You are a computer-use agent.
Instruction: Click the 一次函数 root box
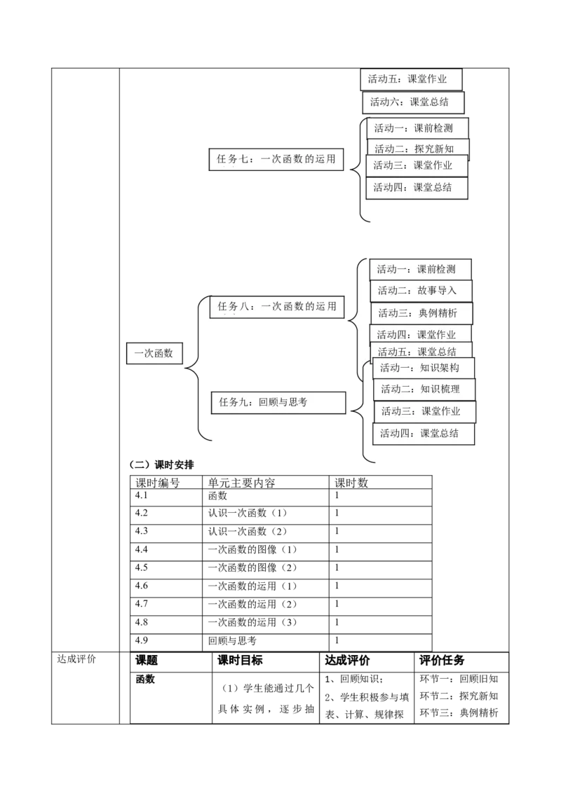tap(154, 354)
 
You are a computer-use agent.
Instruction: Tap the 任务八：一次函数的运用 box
tap(278, 306)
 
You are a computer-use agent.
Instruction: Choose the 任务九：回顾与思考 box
tap(278, 402)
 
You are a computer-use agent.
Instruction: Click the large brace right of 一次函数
tap(201, 368)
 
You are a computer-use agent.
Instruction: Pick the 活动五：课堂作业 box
tap(412, 79)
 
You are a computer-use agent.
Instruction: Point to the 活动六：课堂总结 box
tap(413, 102)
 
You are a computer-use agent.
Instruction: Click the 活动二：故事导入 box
tap(421, 290)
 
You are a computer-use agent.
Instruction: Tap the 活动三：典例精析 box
tap(421, 313)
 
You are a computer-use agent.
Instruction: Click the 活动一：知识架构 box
tap(424, 368)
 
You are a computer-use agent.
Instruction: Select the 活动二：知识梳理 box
tap(424, 389)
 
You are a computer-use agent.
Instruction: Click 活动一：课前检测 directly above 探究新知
tap(417, 128)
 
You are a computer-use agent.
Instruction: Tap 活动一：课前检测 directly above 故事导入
tap(420, 269)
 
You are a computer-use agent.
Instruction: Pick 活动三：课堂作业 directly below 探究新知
tap(417, 166)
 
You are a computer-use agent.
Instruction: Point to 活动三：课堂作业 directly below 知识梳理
tap(424, 411)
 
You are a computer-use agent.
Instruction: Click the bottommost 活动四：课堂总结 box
tap(424, 434)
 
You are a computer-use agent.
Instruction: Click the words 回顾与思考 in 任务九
tap(283, 402)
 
